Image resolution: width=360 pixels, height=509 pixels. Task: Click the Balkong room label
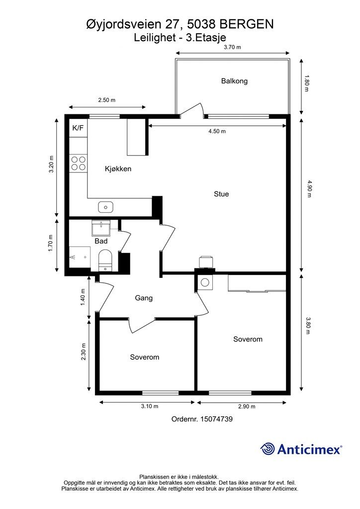tap(234, 81)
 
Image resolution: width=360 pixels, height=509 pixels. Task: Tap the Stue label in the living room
tap(221, 194)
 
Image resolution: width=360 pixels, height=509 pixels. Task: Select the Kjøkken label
tap(118, 169)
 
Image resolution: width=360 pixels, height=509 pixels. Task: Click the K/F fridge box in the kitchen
tap(78, 128)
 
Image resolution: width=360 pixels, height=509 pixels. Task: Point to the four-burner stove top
tap(78, 163)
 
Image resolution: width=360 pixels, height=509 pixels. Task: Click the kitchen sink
tap(105, 206)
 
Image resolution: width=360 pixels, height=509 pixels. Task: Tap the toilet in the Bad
tap(105, 260)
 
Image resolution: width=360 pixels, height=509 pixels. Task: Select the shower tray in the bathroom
tap(80, 257)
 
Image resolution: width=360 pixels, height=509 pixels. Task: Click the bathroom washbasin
tap(101, 228)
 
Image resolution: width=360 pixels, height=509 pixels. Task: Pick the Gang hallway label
tap(144, 298)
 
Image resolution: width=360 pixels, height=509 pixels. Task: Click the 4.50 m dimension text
tap(217, 131)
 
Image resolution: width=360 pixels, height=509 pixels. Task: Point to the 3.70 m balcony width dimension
tap(232, 47)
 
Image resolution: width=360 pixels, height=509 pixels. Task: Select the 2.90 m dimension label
tap(247, 407)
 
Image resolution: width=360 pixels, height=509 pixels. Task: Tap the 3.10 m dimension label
tap(150, 406)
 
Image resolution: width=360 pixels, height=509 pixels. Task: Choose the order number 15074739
tap(216, 419)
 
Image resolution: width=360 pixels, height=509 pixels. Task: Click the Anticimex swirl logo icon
tap(268, 449)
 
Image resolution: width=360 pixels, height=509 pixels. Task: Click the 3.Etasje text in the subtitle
tap(206, 38)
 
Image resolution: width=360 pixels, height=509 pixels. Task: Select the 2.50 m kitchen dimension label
tap(107, 100)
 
